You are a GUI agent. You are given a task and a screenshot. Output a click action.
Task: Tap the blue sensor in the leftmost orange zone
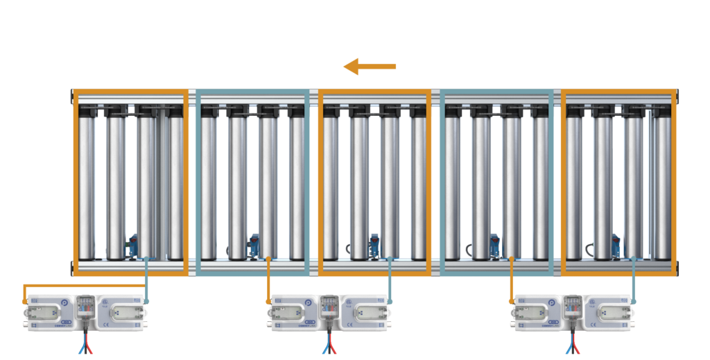tap(132, 246)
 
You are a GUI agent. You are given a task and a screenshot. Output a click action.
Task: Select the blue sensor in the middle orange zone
tap(375, 245)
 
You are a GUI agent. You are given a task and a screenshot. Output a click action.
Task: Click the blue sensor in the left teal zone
tap(254, 245)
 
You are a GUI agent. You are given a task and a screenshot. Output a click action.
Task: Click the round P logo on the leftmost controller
tap(65, 303)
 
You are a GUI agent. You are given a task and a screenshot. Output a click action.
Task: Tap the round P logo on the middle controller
tap(309, 303)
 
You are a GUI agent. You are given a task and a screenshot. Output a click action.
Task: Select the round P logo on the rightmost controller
tap(552, 303)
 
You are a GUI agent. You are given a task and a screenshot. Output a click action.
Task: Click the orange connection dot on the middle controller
tap(268, 302)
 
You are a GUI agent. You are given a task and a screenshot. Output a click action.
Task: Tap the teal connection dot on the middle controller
tap(390, 302)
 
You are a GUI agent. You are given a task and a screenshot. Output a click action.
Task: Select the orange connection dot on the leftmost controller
tap(25, 302)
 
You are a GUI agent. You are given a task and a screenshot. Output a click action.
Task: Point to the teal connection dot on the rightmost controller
tap(633, 302)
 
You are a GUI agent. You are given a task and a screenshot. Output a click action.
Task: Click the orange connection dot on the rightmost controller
tap(512, 302)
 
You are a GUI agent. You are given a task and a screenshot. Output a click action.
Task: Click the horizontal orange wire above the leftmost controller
tap(83, 285)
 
